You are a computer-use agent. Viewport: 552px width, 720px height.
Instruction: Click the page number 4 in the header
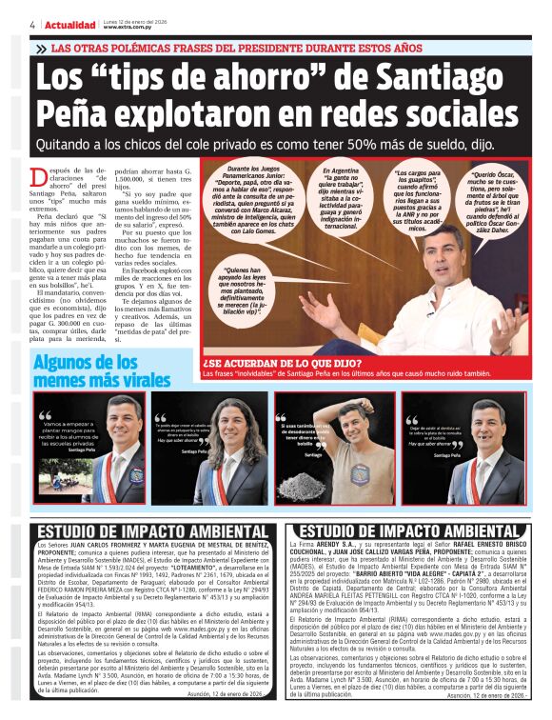tap(32, 24)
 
